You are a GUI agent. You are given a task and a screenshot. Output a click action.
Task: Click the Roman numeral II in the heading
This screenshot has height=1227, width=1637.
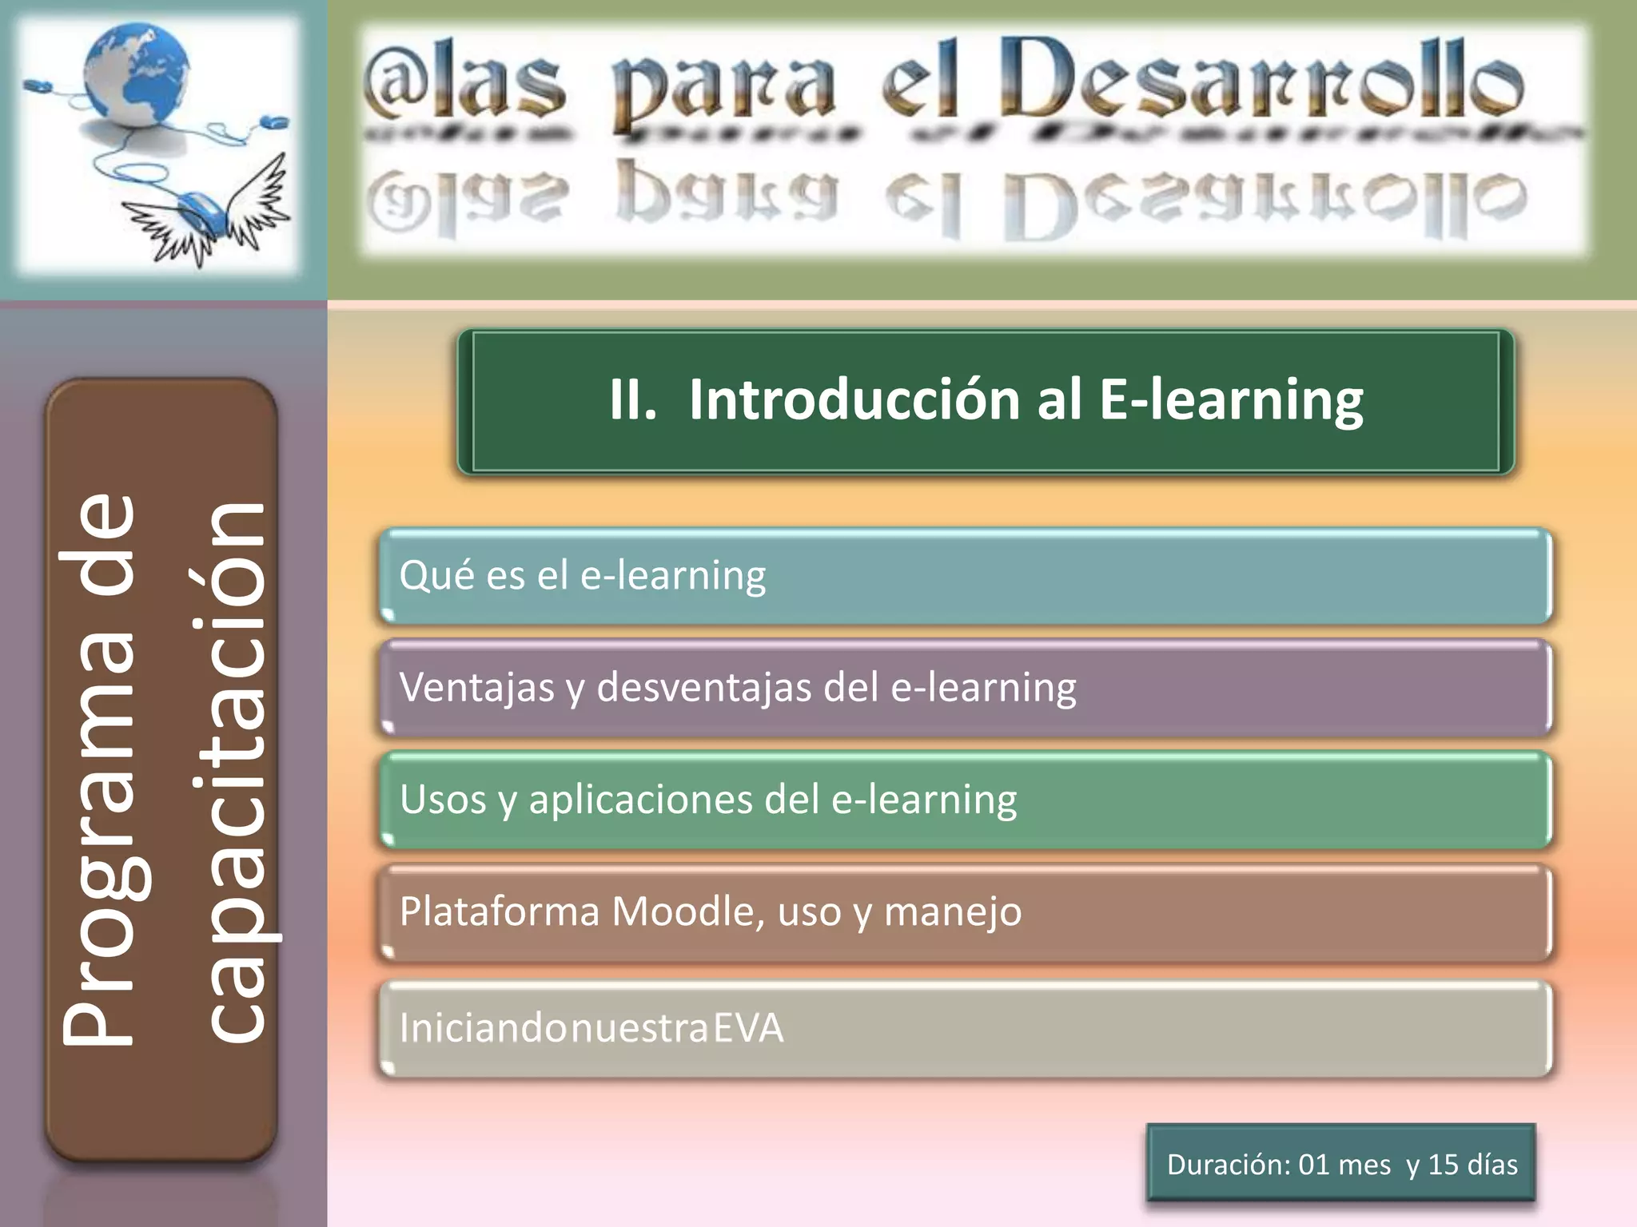[x=631, y=399]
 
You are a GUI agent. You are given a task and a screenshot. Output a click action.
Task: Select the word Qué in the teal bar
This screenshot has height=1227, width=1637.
[x=432, y=575]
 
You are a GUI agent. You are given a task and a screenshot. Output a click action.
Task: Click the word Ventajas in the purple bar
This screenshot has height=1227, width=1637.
[x=476, y=688]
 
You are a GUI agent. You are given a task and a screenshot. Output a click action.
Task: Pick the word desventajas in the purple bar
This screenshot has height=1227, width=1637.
[x=704, y=688]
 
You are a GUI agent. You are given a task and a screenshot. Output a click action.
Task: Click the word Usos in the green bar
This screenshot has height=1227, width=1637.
[x=442, y=800]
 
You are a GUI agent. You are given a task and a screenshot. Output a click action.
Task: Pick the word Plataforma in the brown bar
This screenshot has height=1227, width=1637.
[x=500, y=911]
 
